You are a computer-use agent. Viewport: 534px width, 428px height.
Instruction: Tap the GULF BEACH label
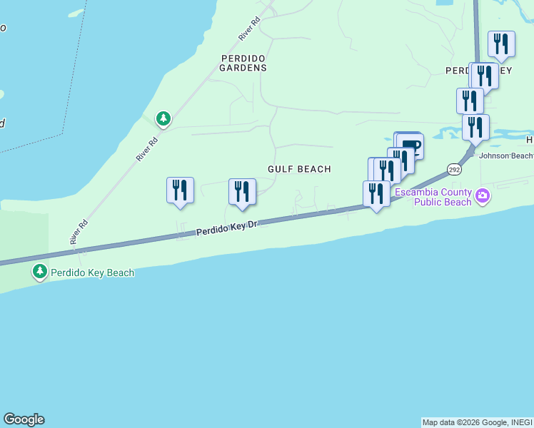(x=299, y=169)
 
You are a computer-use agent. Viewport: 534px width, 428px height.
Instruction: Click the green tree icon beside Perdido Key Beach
(x=40, y=272)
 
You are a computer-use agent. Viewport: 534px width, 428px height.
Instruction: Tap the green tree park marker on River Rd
(x=163, y=118)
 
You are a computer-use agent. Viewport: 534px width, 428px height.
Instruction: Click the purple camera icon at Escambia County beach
(x=483, y=195)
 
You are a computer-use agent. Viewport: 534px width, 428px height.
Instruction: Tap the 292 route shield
(x=455, y=168)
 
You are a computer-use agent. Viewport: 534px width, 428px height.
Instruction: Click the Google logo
(x=24, y=419)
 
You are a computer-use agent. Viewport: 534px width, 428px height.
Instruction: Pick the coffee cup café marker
(x=410, y=146)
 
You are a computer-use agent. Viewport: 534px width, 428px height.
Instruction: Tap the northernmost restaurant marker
(x=501, y=44)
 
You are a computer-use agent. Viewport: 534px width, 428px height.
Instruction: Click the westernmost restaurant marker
(x=180, y=190)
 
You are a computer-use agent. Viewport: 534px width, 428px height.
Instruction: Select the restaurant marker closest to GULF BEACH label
(x=242, y=191)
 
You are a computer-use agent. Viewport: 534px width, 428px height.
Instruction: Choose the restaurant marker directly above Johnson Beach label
(x=475, y=127)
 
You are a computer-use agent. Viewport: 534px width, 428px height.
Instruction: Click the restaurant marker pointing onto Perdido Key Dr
(x=376, y=194)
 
